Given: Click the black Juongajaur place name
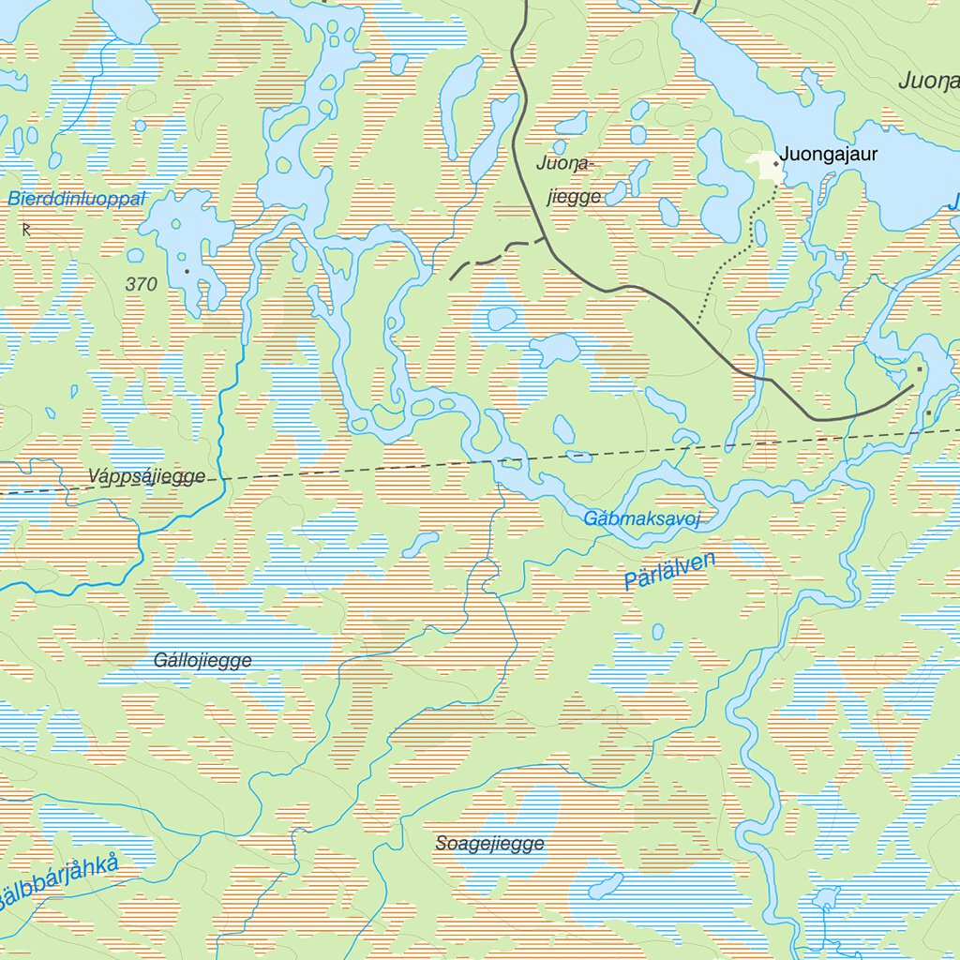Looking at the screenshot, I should click(x=829, y=155).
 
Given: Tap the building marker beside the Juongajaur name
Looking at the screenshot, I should click(x=775, y=164).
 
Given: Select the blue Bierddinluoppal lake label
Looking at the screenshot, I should click(x=77, y=199).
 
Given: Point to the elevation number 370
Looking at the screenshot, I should click(x=141, y=284).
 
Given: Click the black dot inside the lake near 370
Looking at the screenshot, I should click(x=187, y=271).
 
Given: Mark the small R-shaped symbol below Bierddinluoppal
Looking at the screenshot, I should click(x=25, y=227).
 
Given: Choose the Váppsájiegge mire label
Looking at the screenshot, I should click(x=146, y=476).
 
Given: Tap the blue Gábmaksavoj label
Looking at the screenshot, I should click(x=642, y=518).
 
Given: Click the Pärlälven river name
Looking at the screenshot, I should click(x=669, y=571).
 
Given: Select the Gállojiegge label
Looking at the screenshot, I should click(x=202, y=660).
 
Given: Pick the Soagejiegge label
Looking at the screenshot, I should click(x=489, y=844).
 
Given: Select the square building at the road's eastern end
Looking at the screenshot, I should click(x=919, y=369).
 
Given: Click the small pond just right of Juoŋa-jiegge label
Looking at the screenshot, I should click(x=616, y=193).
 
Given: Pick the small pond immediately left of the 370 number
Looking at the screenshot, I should click(x=136, y=255).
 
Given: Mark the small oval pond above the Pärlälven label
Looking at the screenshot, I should click(x=658, y=631).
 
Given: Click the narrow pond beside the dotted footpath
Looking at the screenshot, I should click(x=760, y=232).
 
